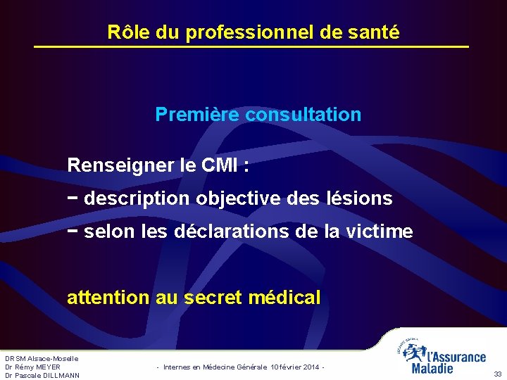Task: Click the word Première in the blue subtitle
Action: point(196,114)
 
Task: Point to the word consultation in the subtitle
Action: point(303,114)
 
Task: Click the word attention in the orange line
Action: point(108,298)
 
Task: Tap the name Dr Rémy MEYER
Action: point(32,367)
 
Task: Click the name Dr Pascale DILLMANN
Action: point(42,375)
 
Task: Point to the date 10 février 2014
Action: point(295,367)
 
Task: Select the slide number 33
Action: point(497,374)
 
